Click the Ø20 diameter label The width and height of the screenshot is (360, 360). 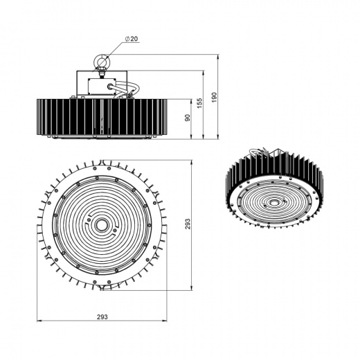[x=132, y=39]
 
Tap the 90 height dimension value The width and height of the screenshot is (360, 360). [x=187, y=118]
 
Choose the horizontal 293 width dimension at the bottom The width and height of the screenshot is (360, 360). [x=102, y=316]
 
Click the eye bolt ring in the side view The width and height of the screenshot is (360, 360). [x=102, y=64]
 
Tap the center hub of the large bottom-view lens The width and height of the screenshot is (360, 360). [x=101, y=226]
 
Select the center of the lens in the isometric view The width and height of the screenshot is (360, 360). [x=275, y=204]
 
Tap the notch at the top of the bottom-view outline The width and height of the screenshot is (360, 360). [x=102, y=164]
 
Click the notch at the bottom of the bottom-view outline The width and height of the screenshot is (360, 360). [x=102, y=287]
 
